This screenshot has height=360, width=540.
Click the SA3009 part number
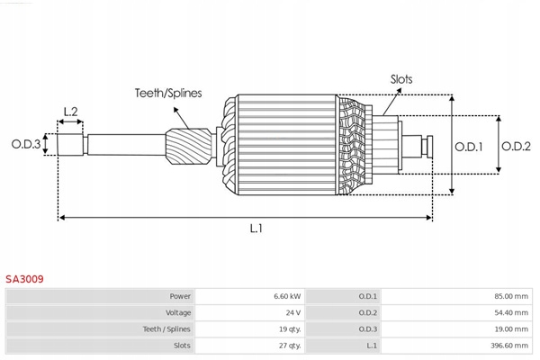coord(24,279)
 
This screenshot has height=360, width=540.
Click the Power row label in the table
coord(180,295)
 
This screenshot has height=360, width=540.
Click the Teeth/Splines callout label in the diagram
coord(168,93)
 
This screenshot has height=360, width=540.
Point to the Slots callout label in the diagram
coord(401,79)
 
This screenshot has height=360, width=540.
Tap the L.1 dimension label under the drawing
coord(256,229)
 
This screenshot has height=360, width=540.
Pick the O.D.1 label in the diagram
coord(469,146)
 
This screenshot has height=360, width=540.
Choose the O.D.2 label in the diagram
coord(517,146)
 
